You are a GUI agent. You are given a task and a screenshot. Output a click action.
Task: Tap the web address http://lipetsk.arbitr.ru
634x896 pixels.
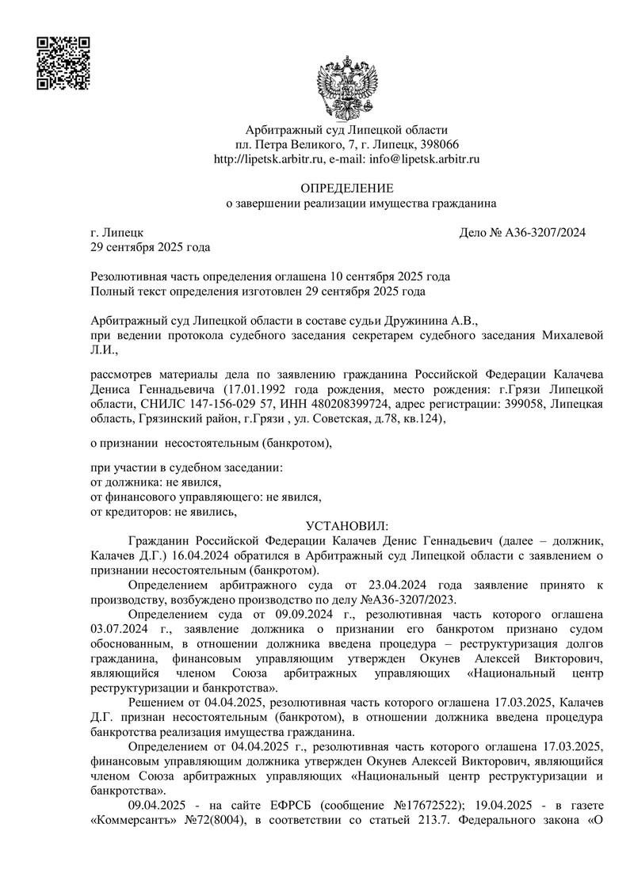pyautogui.click(x=270, y=159)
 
